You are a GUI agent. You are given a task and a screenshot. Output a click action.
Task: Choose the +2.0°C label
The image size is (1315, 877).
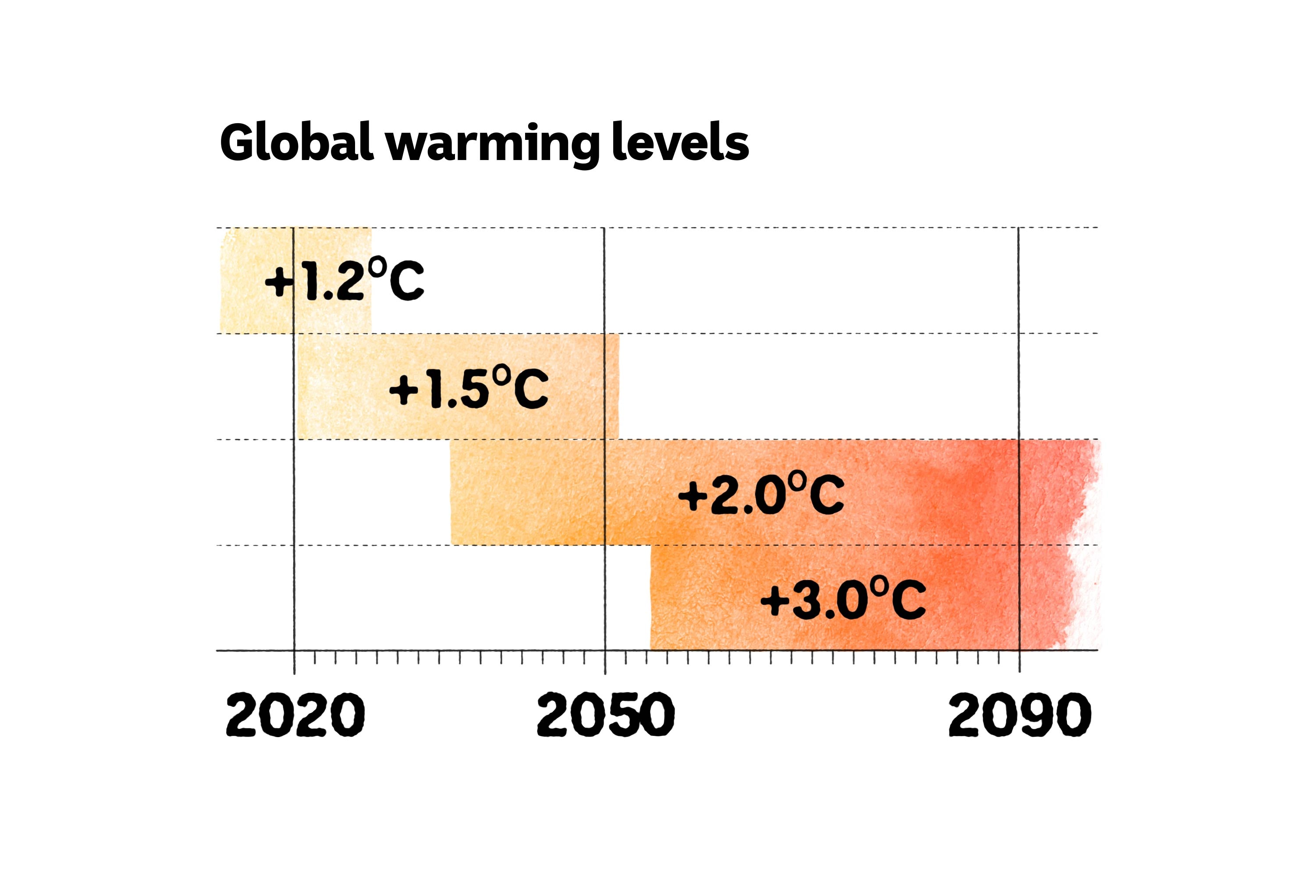click(761, 494)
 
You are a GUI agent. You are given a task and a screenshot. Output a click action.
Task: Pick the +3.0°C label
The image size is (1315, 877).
click(843, 599)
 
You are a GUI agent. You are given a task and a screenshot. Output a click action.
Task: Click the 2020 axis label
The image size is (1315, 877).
click(295, 715)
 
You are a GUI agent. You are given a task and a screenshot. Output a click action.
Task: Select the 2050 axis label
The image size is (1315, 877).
click(605, 715)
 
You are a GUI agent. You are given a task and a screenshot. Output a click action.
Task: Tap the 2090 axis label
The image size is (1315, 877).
click(1019, 715)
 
